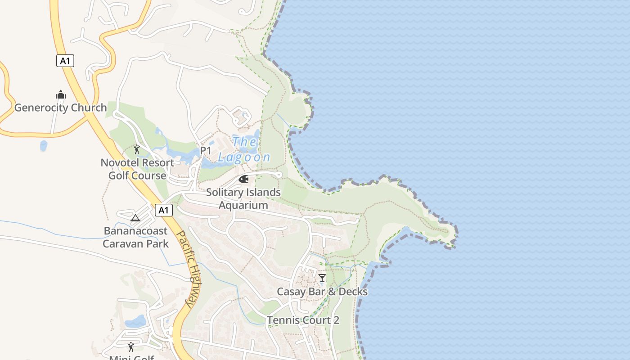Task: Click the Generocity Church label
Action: coord(60,108)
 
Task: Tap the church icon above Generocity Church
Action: coord(60,94)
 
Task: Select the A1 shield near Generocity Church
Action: coord(65,61)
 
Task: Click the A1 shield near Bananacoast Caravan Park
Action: coord(163,210)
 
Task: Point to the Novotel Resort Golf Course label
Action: coord(137,169)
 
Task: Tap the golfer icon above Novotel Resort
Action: coord(137,149)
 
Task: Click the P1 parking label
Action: coord(206,151)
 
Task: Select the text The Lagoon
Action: coord(244,149)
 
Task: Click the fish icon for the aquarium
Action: coord(243,180)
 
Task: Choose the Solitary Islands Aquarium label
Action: coord(243,198)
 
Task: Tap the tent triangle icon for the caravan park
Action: coord(135,218)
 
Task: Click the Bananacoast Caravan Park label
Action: coord(135,237)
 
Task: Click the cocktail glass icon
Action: coord(322,278)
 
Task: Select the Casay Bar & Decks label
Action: coord(322,292)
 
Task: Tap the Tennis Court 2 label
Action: coord(303,320)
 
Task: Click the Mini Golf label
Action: coord(131,357)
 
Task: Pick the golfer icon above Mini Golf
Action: coord(131,347)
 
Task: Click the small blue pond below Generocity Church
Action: coord(44,146)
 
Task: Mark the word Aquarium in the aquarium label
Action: coord(243,205)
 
